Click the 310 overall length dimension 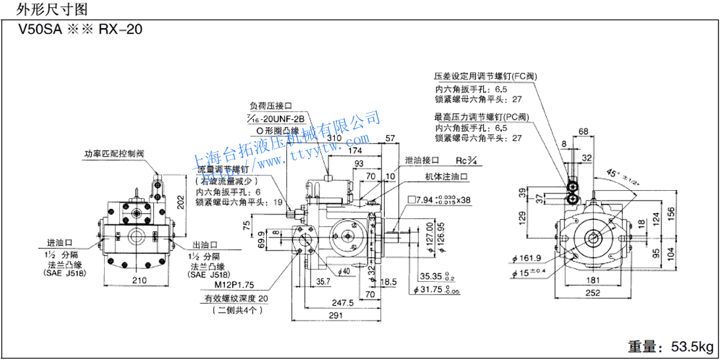(334, 138)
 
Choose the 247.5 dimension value (342, 302)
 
